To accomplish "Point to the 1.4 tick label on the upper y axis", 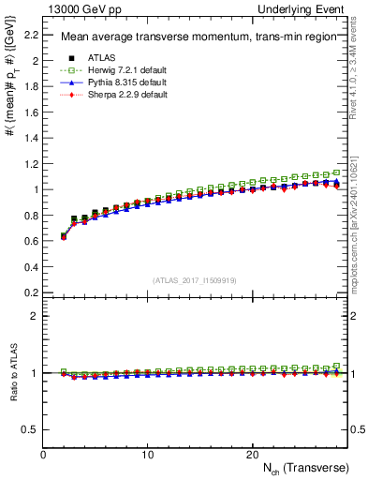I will (x=30, y=138).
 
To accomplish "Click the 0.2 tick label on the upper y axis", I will (x=30, y=292).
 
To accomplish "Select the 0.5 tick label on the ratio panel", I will (x=30, y=429).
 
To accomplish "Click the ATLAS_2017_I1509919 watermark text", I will (x=194, y=279).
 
